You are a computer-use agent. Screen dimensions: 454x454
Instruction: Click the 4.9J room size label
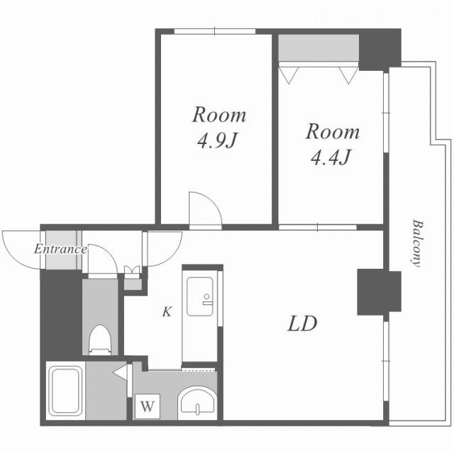[217, 141]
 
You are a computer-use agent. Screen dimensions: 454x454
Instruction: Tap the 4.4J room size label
[331, 157]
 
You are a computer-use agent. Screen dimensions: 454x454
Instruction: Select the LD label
[302, 323]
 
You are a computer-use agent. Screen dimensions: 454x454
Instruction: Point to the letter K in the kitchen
[167, 311]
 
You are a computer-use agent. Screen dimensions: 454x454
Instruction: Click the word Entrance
[60, 249]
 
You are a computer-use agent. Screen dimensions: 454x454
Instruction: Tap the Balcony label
[417, 243]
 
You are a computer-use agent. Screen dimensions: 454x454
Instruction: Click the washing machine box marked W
[148, 406]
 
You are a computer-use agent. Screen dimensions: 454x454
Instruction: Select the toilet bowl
[100, 340]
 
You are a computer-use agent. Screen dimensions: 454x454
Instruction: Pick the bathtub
[65, 391]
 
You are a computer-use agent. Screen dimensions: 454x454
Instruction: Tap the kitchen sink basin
[200, 297]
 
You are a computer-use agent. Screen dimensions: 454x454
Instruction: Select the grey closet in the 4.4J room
[319, 48]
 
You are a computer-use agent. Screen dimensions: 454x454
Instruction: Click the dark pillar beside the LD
[379, 292]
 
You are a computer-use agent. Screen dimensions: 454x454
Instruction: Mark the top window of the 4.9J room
[214, 31]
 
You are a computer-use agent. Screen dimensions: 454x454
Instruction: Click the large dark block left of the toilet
[61, 314]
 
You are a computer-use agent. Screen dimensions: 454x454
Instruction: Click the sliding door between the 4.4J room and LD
[318, 227]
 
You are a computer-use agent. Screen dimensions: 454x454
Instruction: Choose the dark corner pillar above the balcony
[380, 50]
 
